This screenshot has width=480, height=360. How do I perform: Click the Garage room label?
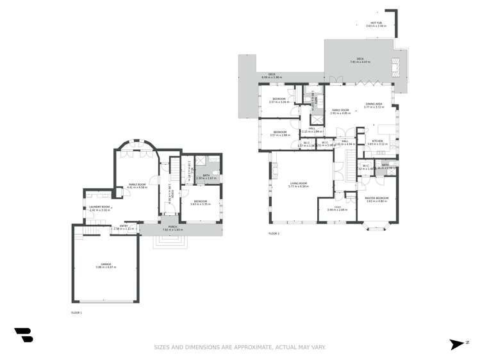[x=105, y=264]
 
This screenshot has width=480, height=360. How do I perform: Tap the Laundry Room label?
[x=100, y=207]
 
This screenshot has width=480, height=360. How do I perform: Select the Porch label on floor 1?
[x=172, y=226]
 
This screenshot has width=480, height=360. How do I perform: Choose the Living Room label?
[x=299, y=184]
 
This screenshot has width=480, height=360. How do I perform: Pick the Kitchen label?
[x=378, y=141]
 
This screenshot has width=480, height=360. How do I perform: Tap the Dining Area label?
[x=374, y=104]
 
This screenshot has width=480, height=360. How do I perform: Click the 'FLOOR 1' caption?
[x=76, y=312]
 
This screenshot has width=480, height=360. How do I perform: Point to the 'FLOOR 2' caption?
[x=274, y=234]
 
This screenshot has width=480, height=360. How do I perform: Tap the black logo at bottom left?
[x=24, y=334]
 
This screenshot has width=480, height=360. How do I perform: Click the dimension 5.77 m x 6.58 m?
[x=299, y=187]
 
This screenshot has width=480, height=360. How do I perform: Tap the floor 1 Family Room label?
[x=137, y=184]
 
